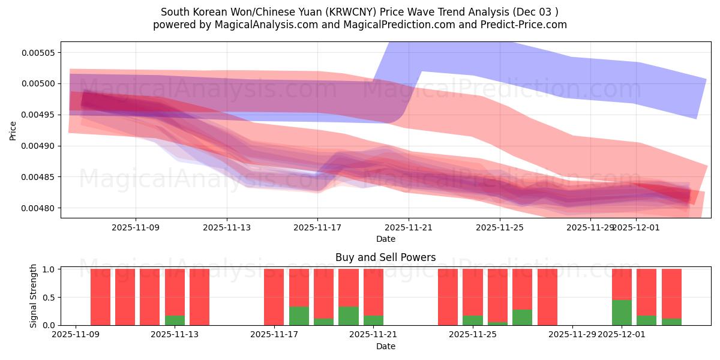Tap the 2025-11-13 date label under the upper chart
point(226,227)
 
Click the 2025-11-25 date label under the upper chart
point(499,227)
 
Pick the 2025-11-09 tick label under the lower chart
point(75,335)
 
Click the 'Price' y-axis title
point(13,130)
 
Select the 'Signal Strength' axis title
point(34,296)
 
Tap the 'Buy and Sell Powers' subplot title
point(385,257)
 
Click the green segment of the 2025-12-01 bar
point(622,313)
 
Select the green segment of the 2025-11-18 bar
point(299,316)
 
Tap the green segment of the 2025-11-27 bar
point(522,317)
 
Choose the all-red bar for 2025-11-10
point(100,297)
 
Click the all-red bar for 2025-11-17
point(274,297)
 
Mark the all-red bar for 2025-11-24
point(448,297)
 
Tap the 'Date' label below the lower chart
point(385,346)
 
